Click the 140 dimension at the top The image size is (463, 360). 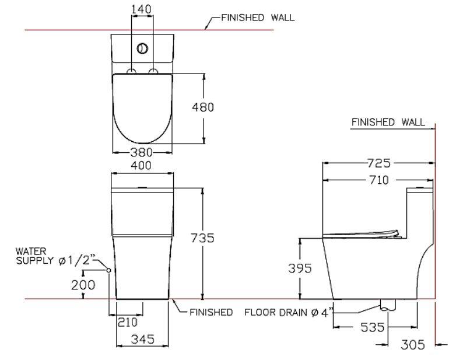(142, 9)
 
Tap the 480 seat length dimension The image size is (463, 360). (204, 107)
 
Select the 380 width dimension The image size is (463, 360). (142, 152)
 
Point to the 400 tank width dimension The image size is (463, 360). (142, 166)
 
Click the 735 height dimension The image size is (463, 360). (204, 238)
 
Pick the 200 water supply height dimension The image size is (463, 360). (82, 285)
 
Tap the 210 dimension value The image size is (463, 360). (127, 322)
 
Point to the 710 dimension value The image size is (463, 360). (378, 180)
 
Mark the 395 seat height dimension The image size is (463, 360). (300, 268)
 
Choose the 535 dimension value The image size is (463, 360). (373, 327)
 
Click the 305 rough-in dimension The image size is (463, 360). (413, 344)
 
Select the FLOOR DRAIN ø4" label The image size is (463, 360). (289, 313)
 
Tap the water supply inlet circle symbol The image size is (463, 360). (108, 270)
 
